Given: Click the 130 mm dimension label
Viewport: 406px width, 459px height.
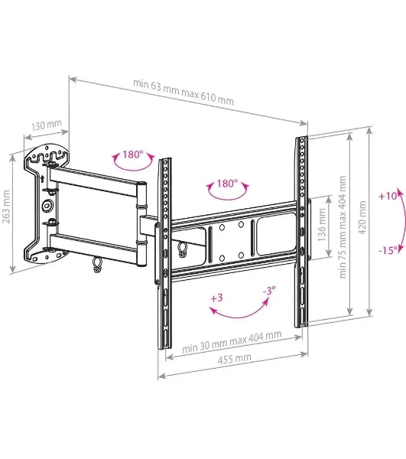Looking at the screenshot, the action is (47, 125).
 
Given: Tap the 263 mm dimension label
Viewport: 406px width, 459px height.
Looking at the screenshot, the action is (6, 207).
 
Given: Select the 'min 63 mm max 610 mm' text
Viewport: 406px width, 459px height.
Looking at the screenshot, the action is (184, 92).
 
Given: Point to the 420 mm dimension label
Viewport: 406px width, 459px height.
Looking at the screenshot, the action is (362, 217).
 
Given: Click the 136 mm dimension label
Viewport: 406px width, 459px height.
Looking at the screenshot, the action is (322, 224).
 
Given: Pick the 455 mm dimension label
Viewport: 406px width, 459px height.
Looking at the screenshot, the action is (234, 359).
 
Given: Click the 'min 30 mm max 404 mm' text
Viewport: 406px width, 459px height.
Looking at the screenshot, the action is (232, 341).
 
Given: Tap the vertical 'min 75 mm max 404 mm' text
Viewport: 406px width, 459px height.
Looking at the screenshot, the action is (343, 227).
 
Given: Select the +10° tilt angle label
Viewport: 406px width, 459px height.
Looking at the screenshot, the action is (388, 196).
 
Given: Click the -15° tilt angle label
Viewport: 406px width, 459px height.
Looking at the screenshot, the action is (388, 250).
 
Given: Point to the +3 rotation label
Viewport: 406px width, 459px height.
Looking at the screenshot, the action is (216, 298).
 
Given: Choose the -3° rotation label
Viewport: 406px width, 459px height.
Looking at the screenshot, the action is (269, 291).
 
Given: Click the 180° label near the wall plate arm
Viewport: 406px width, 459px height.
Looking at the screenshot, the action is (132, 154).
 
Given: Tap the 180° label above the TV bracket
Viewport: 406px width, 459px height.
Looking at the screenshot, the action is (227, 184).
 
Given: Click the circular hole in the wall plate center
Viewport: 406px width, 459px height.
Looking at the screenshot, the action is (47, 205).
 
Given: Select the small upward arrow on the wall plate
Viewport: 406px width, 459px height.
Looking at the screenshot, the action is (42, 178).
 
